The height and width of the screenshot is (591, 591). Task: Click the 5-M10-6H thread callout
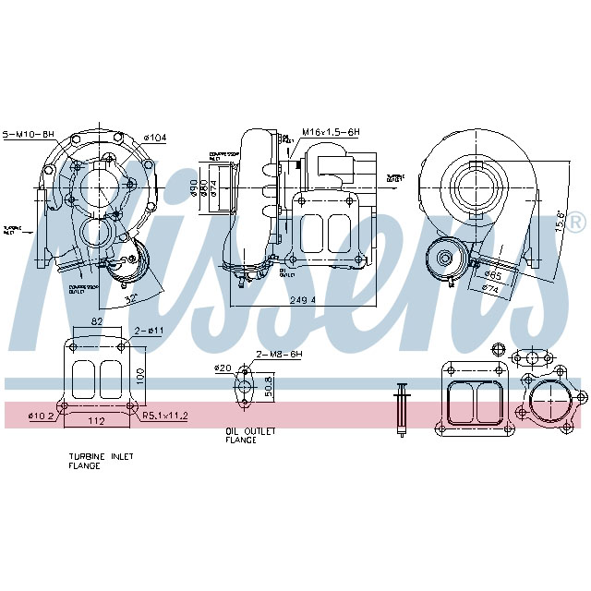[x=29, y=135]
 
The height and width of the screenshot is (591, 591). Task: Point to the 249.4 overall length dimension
[x=302, y=300]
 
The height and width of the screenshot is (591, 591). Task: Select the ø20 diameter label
[x=223, y=368]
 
